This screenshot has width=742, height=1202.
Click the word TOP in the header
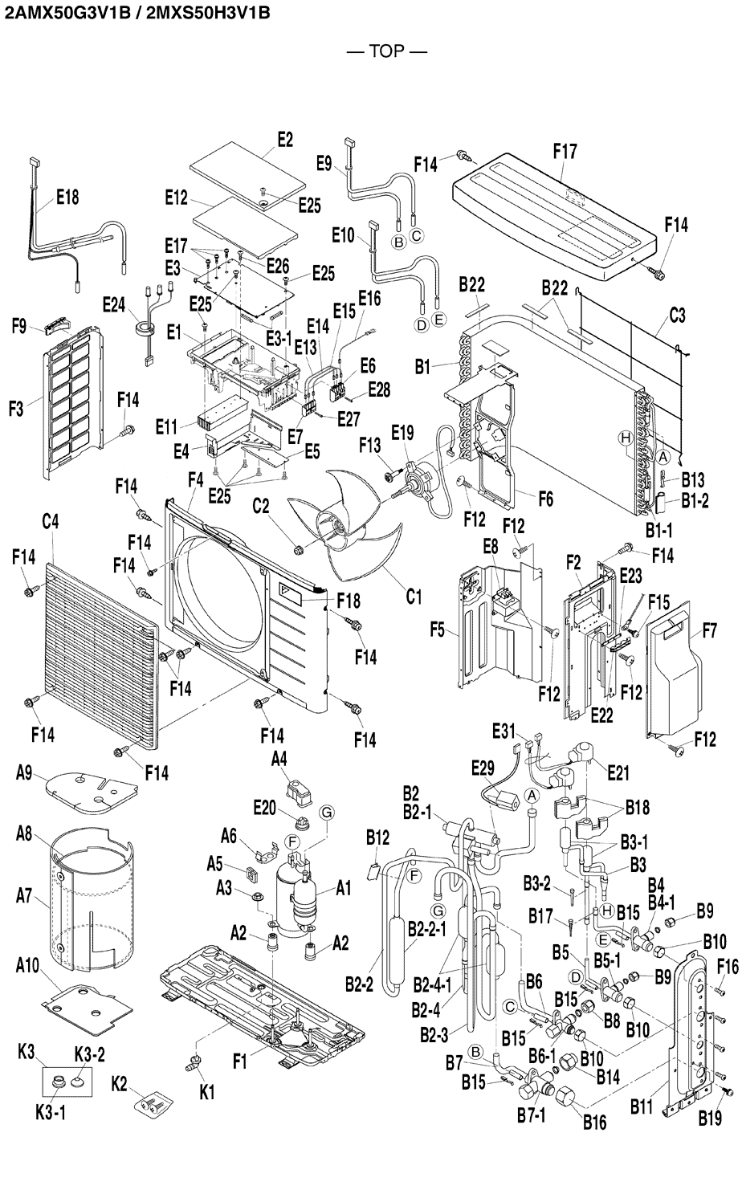pyautogui.click(x=386, y=52)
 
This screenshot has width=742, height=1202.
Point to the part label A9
pyautogui.click(x=24, y=772)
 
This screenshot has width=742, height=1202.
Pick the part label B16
pyautogui.click(x=594, y=1123)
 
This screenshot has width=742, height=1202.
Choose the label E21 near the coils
pyautogui.click(x=618, y=773)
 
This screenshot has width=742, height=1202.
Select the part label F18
pyautogui.click(x=349, y=600)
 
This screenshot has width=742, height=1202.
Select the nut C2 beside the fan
pyautogui.click(x=299, y=549)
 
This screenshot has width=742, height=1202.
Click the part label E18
pyautogui.click(x=67, y=196)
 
